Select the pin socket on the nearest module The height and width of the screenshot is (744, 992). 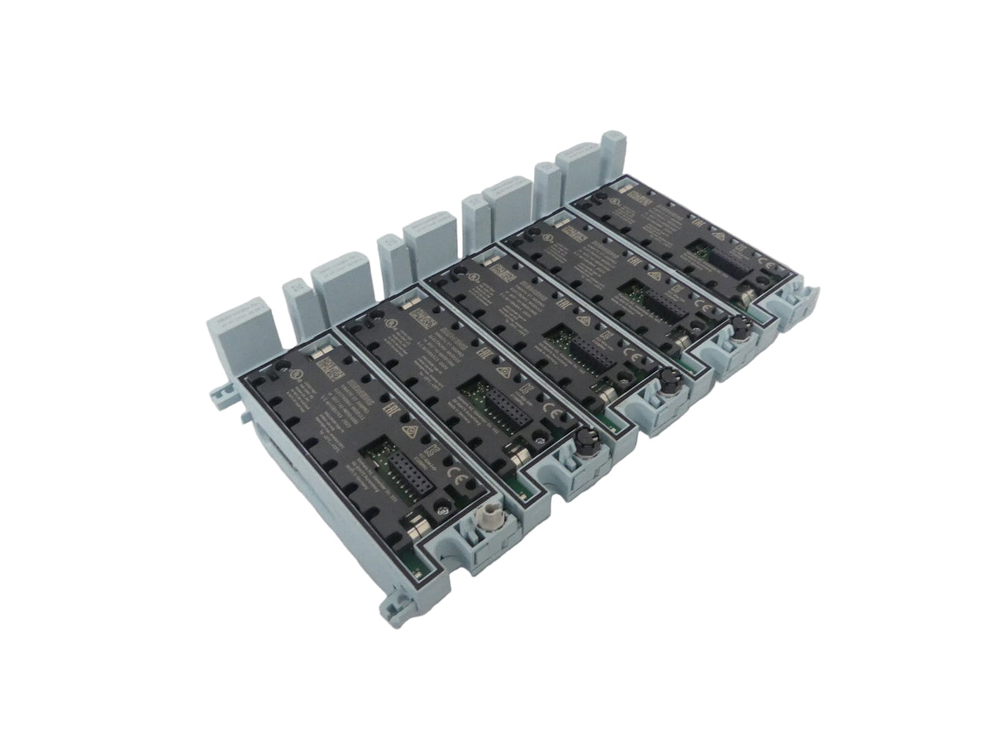tap(391, 469)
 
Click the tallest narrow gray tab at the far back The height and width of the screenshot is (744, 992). tap(613, 150)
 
